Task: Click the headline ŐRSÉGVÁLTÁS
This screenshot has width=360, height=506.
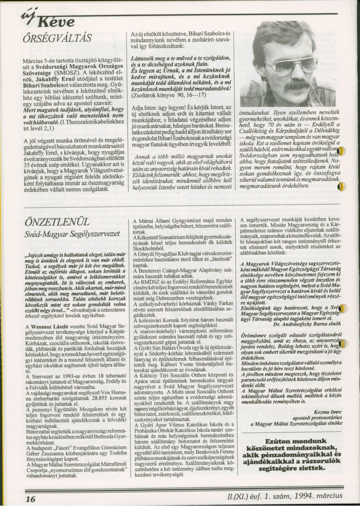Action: pyautogui.click(x=56, y=38)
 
